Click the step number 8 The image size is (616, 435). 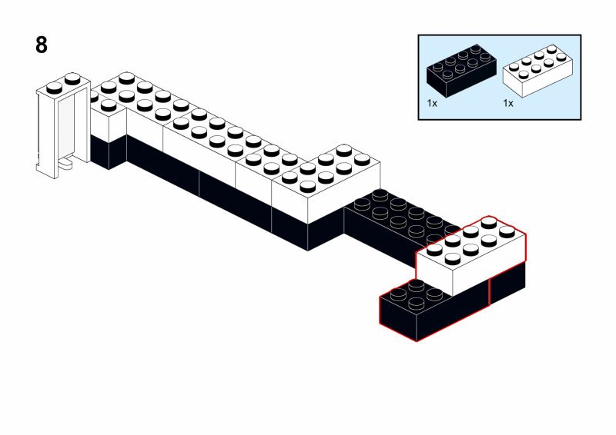pos(42,45)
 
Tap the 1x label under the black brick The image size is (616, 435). pos(432,102)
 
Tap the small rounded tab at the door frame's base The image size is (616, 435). pos(67,163)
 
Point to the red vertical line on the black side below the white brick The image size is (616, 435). pos(490,292)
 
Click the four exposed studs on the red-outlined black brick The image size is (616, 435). pos(417,294)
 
